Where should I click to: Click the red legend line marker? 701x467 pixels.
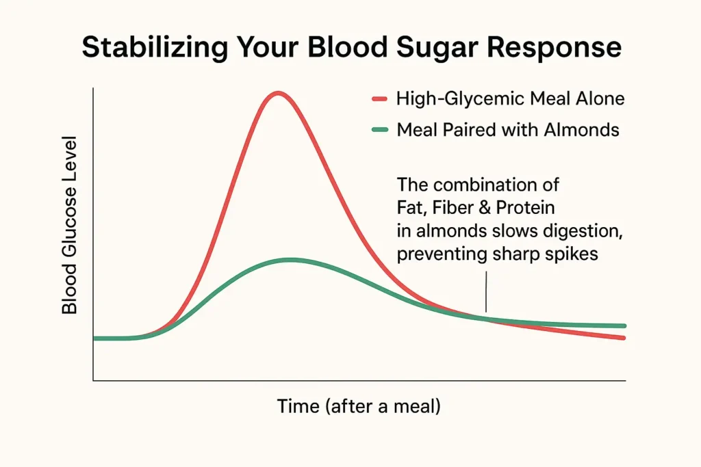coord(380,98)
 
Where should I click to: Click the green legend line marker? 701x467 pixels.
coord(380,130)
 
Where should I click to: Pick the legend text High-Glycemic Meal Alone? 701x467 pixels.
coord(510,98)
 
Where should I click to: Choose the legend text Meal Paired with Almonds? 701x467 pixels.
coord(508,130)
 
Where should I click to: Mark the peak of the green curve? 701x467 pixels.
coord(291,260)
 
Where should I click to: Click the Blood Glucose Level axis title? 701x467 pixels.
coord(70,224)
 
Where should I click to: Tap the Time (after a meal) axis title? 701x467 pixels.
coord(359,406)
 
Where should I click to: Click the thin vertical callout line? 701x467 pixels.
coord(486,292)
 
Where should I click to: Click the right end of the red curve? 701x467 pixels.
coord(624,338)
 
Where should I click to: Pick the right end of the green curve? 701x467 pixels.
coord(624,326)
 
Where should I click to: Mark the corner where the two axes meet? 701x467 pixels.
coord(93,380)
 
